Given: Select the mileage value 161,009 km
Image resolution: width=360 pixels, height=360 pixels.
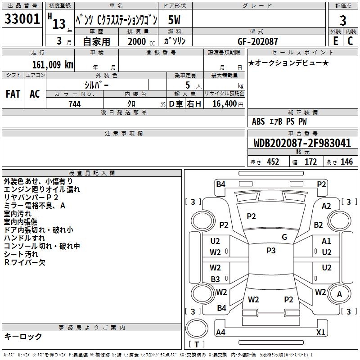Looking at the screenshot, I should click(x=53, y=64).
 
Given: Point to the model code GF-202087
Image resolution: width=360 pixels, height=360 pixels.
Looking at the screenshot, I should click(x=258, y=41).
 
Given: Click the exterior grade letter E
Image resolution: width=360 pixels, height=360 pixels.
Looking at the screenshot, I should click(x=335, y=40).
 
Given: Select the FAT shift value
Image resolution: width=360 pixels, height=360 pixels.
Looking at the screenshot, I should click(x=13, y=94).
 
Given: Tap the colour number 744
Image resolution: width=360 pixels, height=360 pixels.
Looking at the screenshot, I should click(x=75, y=104).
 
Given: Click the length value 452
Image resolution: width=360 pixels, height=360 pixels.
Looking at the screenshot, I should click(x=273, y=162).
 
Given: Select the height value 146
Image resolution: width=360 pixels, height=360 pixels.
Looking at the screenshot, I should click(x=346, y=162).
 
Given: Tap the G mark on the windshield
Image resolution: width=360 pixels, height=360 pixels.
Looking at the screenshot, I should click(x=284, y=237).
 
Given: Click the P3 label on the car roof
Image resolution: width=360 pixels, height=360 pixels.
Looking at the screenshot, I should click(x=271, y=251).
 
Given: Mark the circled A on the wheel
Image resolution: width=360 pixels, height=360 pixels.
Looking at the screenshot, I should click(x=340, y=294).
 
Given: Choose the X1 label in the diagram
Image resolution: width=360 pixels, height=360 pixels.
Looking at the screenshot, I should click(x=321, y=333).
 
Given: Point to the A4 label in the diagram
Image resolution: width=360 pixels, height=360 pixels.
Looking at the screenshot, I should click(x=221, y=333).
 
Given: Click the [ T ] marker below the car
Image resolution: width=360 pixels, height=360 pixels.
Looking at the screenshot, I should click(x=197, y=345).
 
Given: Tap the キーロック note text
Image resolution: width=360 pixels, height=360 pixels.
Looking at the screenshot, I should click(x=23, y=336).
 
